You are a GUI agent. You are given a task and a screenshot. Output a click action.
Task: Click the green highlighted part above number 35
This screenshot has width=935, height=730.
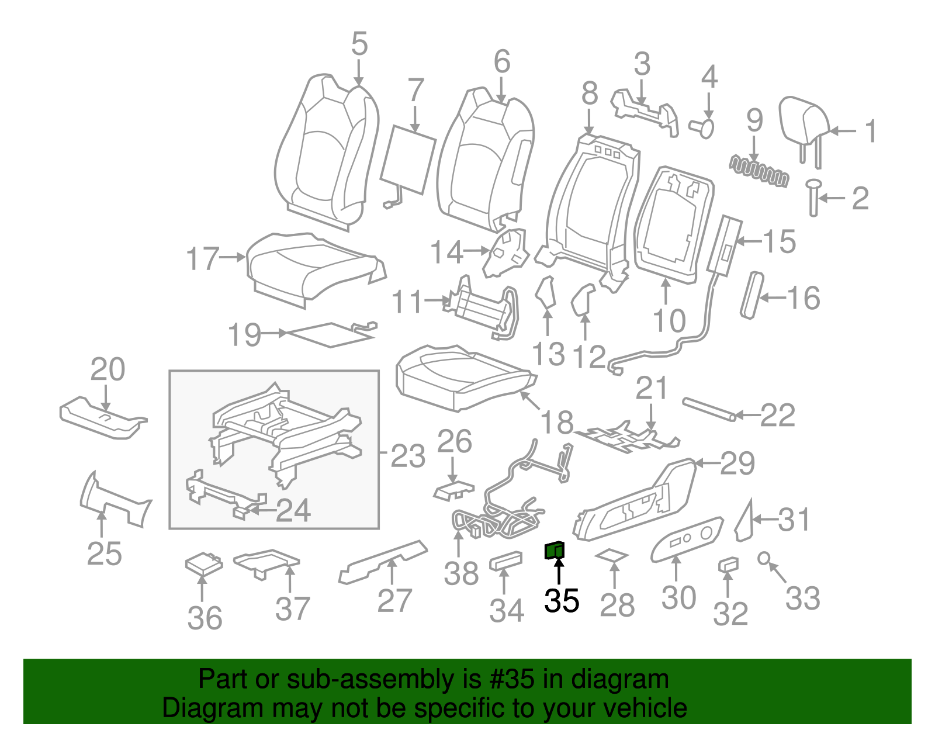coord(554,550)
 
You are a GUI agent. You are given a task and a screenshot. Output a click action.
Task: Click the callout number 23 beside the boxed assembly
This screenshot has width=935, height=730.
coord(407,456)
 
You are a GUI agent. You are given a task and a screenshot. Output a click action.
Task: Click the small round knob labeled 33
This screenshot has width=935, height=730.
coord(763,558)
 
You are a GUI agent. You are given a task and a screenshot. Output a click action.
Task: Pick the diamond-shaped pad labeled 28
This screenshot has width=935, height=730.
coord(611,555)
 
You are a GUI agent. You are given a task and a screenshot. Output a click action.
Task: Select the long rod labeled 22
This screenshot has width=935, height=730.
coord(708,409)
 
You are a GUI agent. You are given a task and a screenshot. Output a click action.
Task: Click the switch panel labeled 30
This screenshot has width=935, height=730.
coord(687,538)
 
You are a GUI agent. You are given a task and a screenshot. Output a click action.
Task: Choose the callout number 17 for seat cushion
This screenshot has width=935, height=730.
coord(202,258)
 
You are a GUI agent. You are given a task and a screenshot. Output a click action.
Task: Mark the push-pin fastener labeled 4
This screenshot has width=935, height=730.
coord(704,127)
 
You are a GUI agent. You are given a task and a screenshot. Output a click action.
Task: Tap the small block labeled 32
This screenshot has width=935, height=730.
coord(728,565)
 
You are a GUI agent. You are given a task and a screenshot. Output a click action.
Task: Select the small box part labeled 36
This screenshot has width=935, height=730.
coord(203,563)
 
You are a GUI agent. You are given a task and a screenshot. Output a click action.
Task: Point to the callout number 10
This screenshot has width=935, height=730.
coord(669,321)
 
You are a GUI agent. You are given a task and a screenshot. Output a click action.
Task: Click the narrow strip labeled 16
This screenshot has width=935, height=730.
coord(752,295)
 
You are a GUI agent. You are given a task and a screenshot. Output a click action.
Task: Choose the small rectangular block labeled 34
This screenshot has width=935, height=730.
coord(506,561)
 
